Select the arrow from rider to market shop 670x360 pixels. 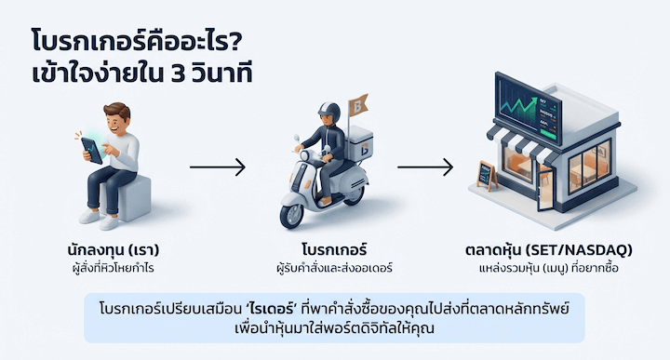pyautogui.click(x=424, y=168)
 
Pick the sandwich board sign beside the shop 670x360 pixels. pyautogui.click(x=486, y=176)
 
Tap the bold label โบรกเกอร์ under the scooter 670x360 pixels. pyautogui.click(x=334, y=251)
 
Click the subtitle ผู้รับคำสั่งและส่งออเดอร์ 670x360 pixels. pyautogui.click(x=334, y=268)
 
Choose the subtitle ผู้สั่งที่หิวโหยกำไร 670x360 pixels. pyautogui.click(x=105, y=268)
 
